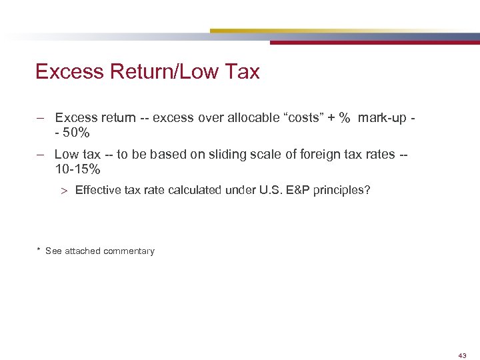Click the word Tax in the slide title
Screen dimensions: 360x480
[242, 72]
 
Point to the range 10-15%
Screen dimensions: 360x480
[77, 169]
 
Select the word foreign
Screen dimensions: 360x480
[309, 155]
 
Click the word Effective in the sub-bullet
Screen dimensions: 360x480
[96, 191]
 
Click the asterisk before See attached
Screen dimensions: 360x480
[39, 251]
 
